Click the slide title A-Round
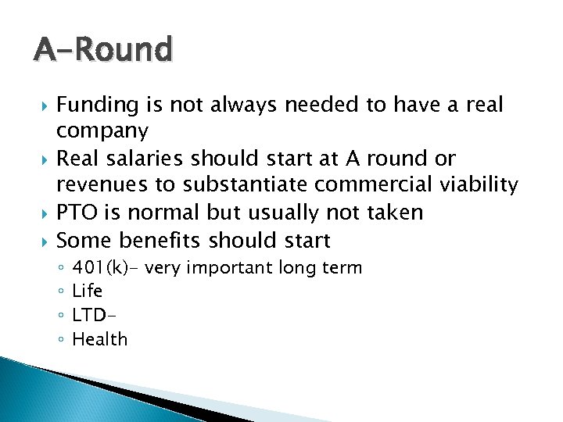coord(102,51)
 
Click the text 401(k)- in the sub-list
coord(106,268)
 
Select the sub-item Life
coord(87,291)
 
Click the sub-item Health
coord(99,339)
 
